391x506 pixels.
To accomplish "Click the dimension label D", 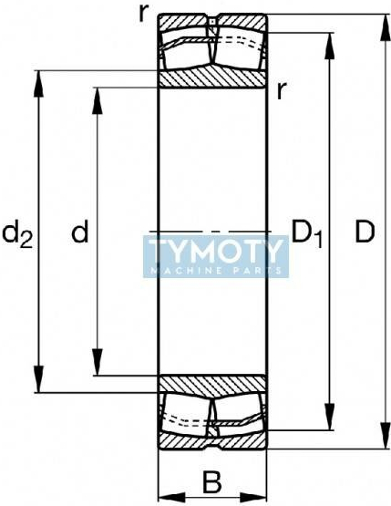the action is pyautogui.click(x=365, y=232).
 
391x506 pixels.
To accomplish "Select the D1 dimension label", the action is pyautogui.click(x=306, y=233).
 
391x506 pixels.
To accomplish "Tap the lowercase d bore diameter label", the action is pyautogui.click(x=79, y=231).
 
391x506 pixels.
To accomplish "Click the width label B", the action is pyautogui.click(x=212, y=482).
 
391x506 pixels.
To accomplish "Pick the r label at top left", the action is pyautogui.click(x=143, y=14).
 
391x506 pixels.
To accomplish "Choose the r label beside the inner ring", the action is pyautogui.click(x=282, y=90).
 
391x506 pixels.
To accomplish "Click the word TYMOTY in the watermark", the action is pyautogui.click(x=214, y=250).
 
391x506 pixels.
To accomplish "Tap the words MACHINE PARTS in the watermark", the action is pyautogui.click(x=216, y=271).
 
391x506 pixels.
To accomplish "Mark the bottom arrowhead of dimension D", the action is pyautogui.click(x=385, y=435).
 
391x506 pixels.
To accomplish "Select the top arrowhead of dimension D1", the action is pyautogui.click(x=329, y=46).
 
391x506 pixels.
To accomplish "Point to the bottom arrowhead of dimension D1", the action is pyautogui.click(x=329, y=417).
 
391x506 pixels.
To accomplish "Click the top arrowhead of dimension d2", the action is pyautogui.click(x=38, y=84).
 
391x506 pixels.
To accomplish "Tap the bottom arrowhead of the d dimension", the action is pyautogui.click(x=98, y=362).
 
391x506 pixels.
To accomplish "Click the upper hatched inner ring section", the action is pyautogui.click(x=212, y=78).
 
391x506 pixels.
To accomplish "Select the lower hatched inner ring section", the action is pyautogui.click(x=212, y=386).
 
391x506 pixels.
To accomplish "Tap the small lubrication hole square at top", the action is pyautogui.click(x=212, y=22).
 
